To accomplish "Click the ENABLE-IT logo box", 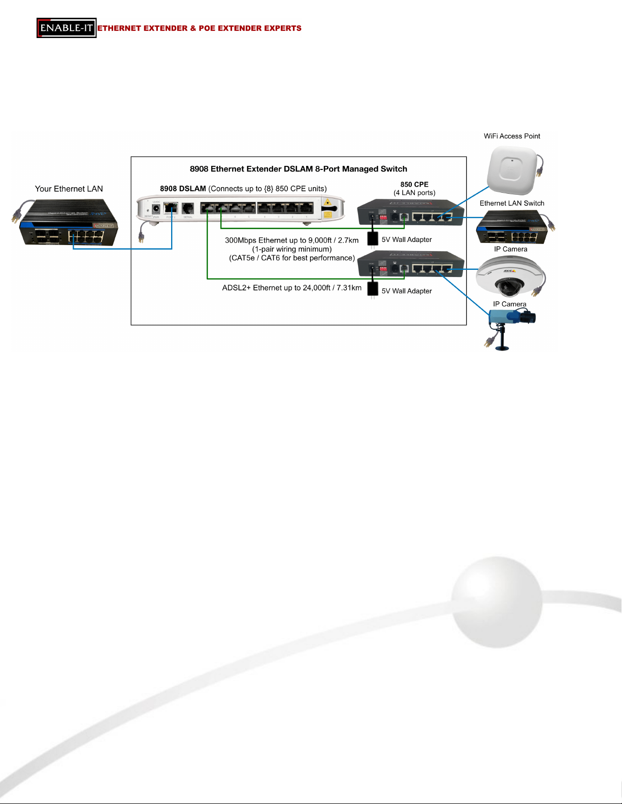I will point(67,28).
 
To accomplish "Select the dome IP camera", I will point(507,277).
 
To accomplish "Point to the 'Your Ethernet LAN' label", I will point(69,189).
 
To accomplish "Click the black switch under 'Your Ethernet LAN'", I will point(69,223).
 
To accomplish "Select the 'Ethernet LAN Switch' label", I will point(512,203).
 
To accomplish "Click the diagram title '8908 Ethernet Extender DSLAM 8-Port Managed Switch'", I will point(299,169).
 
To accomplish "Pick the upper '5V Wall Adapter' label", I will point(407,240).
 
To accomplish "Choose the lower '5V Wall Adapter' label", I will point(407,291).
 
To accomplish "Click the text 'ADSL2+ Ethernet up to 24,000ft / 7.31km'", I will point(292,288).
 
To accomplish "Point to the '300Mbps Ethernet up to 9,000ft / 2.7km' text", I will point(292,240).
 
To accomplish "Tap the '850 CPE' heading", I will point(414,185).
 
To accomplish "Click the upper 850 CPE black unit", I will point(410,213).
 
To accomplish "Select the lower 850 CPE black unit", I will point(410,264).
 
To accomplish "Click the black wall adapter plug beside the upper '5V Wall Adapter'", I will point(373,238).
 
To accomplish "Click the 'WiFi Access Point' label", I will point(512,136).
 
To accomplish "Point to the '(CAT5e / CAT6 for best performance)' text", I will point(292,258).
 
